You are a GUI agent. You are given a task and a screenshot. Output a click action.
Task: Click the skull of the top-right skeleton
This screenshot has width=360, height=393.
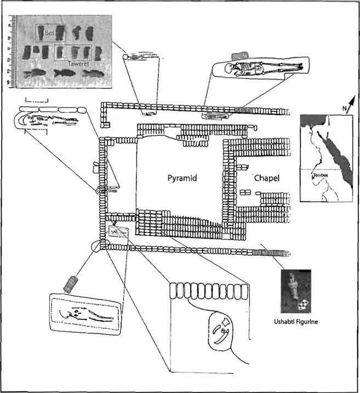tap(237, 67)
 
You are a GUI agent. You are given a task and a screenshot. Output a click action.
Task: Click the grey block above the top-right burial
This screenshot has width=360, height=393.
tap(239, 55)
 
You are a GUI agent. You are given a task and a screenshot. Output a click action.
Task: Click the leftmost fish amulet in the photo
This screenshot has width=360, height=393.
tap(31, 73)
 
